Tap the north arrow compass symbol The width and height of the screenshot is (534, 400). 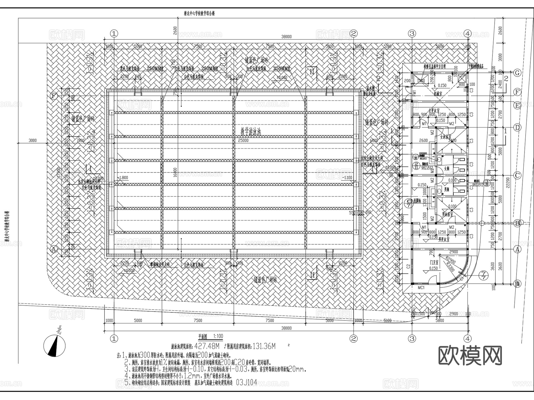point(55,345)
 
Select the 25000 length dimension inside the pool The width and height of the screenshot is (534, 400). point(241,140)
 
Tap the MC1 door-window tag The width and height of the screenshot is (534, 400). point(421,288)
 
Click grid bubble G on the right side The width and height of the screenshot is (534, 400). point(517,73)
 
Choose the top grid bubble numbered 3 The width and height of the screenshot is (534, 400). point(412,34)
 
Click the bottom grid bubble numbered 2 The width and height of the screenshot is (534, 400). point(353,339)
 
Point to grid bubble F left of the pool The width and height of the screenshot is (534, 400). point(54,96)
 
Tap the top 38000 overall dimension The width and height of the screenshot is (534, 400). point(286,37)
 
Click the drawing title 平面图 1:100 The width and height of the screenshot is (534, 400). point(210,336)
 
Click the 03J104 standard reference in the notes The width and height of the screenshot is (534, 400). point(247,383)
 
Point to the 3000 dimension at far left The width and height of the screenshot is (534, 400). point(33,140)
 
